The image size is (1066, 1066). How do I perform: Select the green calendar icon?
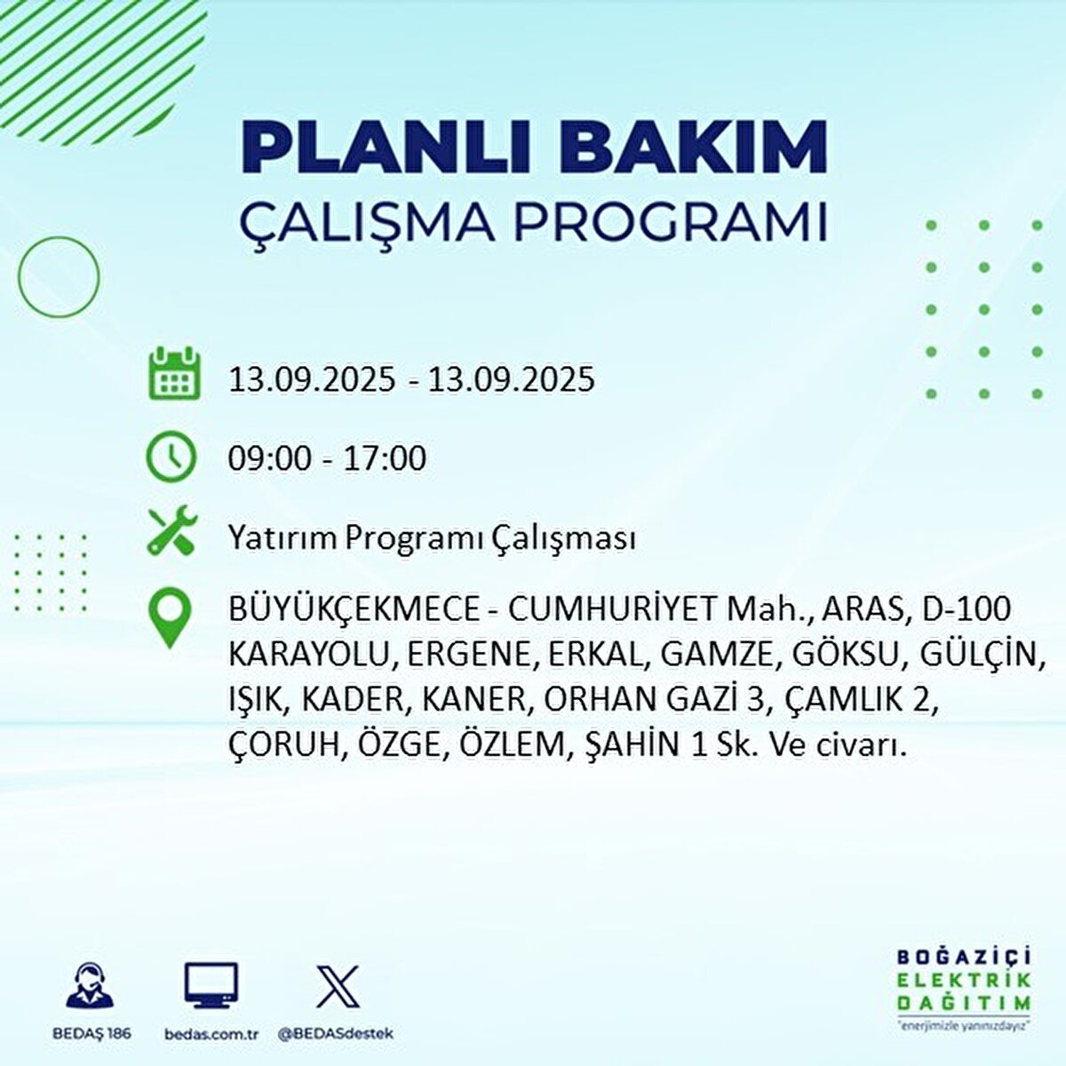tap(173, 376)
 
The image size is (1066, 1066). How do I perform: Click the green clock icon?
tap(171, 457)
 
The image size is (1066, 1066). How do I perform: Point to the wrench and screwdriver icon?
tap(171, 531)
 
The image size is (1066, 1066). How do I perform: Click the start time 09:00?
tap(269, 458)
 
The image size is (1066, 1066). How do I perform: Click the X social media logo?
tap(338, 986)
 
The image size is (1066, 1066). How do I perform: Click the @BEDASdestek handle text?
tap(335, 1034)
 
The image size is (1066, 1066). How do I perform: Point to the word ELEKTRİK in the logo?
tap(965, 980)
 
